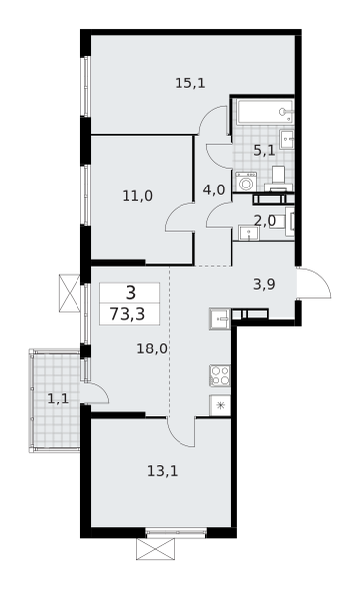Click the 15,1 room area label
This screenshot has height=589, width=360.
(189, 83)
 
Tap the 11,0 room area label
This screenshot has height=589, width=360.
(137, 195)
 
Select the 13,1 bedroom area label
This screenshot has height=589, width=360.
(162, 471)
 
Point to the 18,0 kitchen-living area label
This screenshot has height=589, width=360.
(151, 348)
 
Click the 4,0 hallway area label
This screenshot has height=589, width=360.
(213, 189)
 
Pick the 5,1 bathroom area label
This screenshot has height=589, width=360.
(264, 150)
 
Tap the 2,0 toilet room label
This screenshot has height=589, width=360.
(264, 220)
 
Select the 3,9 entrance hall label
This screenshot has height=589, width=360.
(264, 284)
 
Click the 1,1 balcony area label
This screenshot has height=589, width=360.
(58, 398)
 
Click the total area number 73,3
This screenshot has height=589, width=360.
(129, 313)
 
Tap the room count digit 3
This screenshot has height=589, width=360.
(129, 292)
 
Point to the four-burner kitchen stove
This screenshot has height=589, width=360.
(220, 374)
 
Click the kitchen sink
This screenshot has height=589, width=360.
(219, 318)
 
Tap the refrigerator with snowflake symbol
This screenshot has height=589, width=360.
(220, 404)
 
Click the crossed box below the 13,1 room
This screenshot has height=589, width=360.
(155, 548)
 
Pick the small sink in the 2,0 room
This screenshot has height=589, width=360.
(247, 232)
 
